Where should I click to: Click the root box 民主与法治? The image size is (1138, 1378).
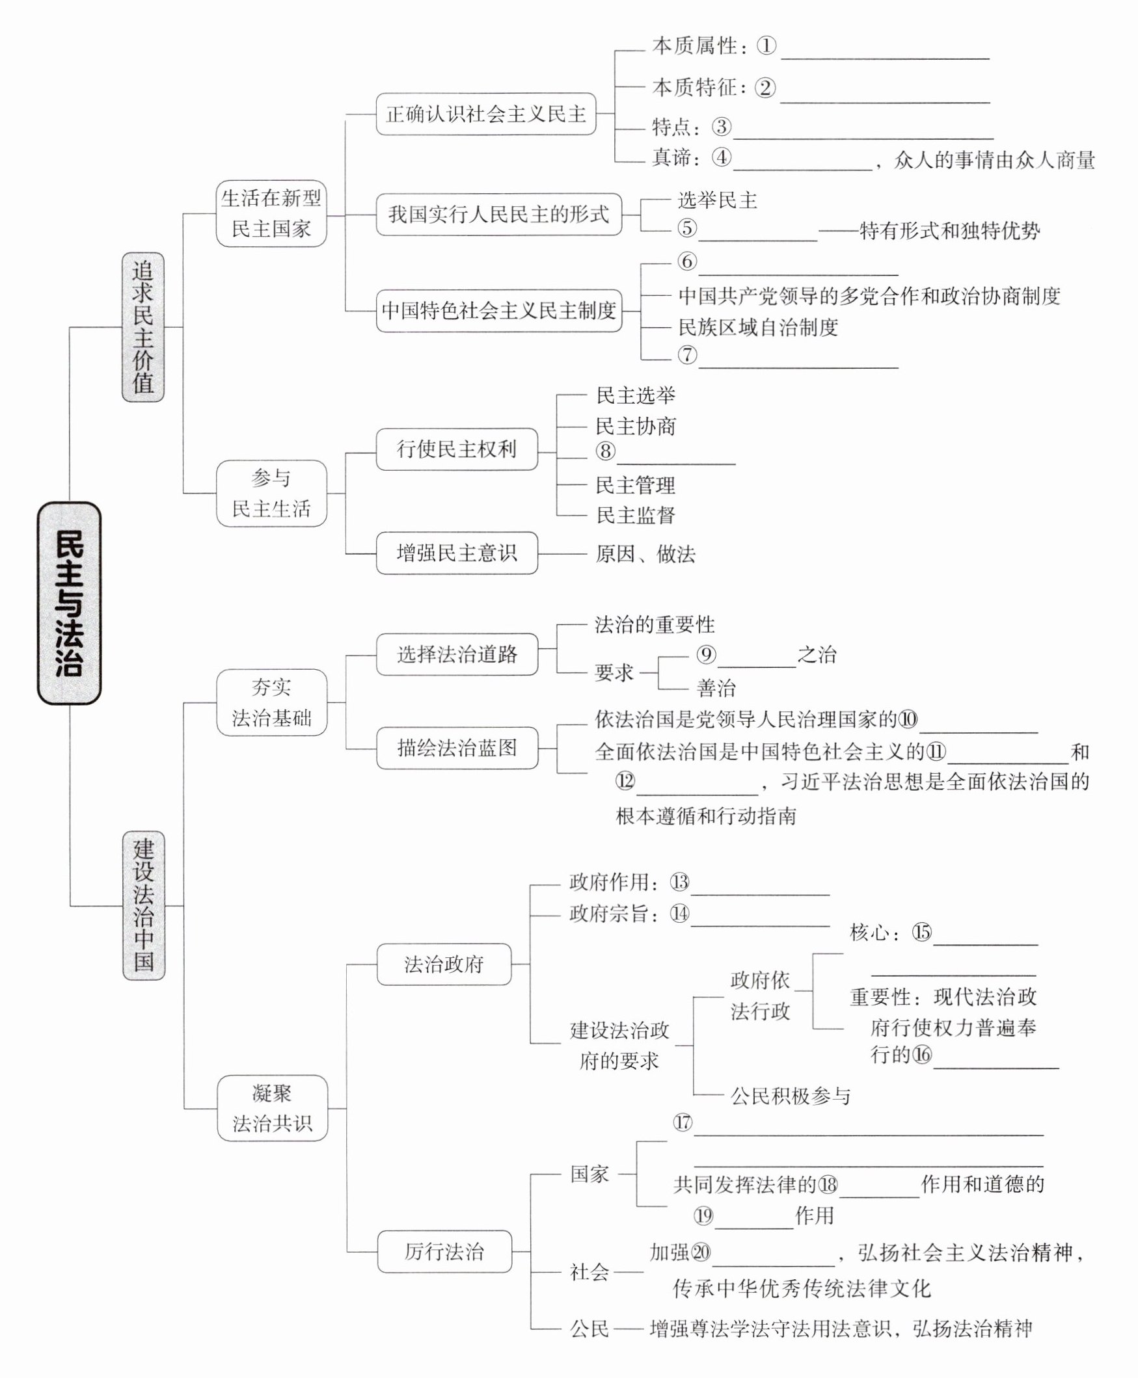(x=69, y=603)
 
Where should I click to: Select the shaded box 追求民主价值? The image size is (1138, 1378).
(x=143, y=327)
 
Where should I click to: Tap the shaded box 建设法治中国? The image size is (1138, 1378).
(x=144, y=906)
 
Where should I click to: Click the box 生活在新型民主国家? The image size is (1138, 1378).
(x=271, y=213)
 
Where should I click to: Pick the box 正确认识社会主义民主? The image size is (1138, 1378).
(x=486, y=114)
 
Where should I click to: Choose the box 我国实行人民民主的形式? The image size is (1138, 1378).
(x=498, y=214)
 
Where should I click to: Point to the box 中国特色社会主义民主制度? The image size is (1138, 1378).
(x=499, y=310)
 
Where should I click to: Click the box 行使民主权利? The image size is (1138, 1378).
(x=456, y=449)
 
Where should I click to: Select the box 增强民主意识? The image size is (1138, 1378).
(x=456, y=553)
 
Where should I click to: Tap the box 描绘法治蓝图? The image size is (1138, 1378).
(x=457, y=748)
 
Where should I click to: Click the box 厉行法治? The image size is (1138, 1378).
(x=444, y=1252)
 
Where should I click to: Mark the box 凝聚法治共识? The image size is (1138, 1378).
(x=272, y=1108)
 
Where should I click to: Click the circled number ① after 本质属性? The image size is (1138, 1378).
(x=766, y=46)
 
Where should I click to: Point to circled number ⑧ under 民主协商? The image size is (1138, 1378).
(x=606, y=451)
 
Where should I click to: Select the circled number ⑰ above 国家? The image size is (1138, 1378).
(x=683, y=1122)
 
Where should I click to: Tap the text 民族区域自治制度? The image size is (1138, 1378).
(x=758, y=327)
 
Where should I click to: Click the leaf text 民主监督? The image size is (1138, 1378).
(x=635, y=515)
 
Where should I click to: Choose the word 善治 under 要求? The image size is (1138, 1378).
(x=716, y=688)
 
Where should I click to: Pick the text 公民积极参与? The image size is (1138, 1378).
(x=790, y=1096)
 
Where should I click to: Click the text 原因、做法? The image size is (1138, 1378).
(x=645, y=554)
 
